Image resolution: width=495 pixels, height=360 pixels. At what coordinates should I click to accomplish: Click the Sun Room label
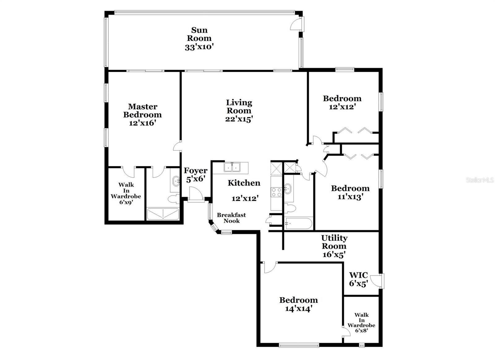tap(199, 34)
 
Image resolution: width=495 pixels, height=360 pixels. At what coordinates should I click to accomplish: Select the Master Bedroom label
tap(142, 111)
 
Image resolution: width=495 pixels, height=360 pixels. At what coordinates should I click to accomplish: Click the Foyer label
tap(196, 171)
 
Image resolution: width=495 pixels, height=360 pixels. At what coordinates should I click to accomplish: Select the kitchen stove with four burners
tap(276, 192)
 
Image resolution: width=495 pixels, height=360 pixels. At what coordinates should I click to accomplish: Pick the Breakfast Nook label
tap(231, 218)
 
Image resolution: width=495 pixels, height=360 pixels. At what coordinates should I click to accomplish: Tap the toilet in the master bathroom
tap(174, 199)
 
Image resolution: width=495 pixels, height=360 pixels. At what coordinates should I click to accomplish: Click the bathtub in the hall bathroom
tap(299, 224)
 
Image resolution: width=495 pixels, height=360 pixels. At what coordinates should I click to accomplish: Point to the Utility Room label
tap(334, 242)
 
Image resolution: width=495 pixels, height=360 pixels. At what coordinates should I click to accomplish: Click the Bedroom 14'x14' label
tap(298, 304)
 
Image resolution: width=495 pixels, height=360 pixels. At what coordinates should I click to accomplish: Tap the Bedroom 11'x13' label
tap(350, 192)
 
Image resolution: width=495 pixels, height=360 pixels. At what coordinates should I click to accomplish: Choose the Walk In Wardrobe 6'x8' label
tap(361, 323)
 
